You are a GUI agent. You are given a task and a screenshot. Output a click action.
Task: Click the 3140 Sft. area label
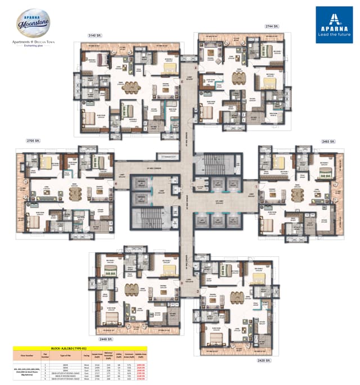94,35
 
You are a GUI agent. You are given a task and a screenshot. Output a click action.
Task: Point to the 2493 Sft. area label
328,141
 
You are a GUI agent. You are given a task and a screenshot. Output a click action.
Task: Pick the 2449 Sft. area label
102,339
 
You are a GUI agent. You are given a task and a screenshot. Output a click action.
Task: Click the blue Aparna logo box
334,24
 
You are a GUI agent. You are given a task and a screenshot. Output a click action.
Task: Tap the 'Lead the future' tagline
334,34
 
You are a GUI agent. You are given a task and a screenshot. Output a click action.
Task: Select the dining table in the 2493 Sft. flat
296,194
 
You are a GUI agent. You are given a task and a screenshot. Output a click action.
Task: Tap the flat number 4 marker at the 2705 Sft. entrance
116,184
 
